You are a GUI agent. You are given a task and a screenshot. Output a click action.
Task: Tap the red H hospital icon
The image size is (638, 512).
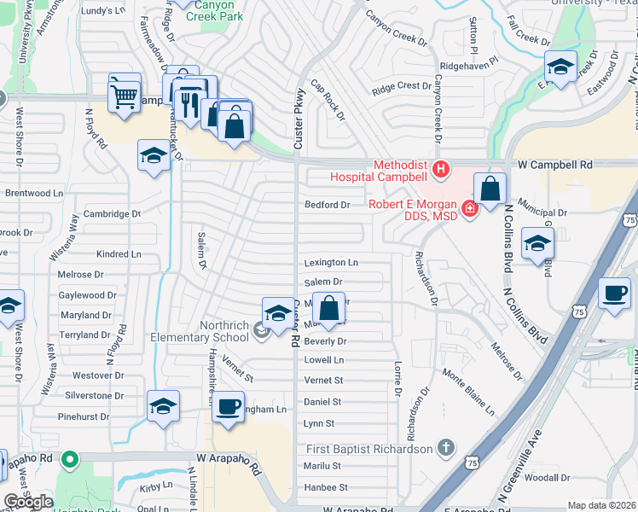point(440,170)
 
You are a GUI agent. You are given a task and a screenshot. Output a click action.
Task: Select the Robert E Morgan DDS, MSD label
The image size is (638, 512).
point(413,210)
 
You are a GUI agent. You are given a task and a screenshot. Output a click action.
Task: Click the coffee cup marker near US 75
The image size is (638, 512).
point(615,295)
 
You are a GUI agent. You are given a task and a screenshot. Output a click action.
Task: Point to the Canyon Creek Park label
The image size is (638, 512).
point(206,10)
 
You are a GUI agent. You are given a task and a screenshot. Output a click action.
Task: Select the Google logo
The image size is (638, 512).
point(29,502)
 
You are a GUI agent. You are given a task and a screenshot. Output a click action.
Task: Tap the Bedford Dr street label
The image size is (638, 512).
point(328,205)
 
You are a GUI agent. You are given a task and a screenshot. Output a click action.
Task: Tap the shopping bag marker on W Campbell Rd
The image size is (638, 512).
point(490,189)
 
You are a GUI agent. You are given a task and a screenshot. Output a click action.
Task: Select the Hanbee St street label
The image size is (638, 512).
point(326,487)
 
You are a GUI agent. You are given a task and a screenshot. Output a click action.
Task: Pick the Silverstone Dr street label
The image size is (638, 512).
point(96,396)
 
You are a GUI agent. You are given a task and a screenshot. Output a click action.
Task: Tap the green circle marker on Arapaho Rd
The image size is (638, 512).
point(72,461)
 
